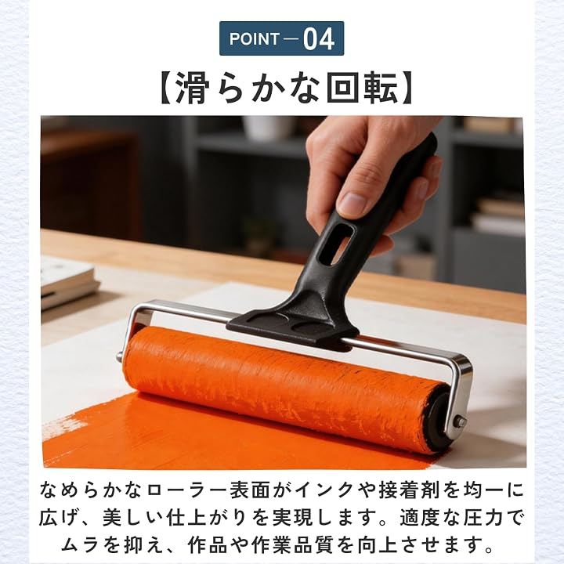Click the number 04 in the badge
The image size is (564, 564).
point(319,39)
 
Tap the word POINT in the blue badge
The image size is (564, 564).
point(255,39)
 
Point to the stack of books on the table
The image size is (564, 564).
point(68,282)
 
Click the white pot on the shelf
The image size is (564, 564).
point(267,128)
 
